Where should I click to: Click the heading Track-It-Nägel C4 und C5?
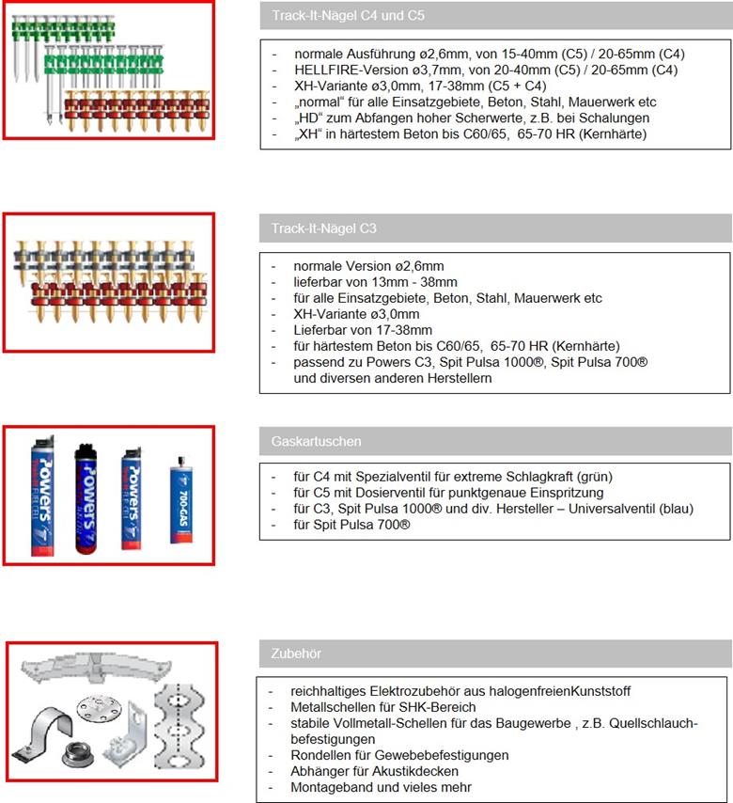click(x=348, y=15)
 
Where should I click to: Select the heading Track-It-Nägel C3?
click(x=323, y=228)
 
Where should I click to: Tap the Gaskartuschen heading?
click(x=317, y=441)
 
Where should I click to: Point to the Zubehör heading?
click(x=296, y=653)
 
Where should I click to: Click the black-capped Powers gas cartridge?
click(x=86, y=499)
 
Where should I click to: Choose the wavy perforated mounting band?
click(x=179, y=726)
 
